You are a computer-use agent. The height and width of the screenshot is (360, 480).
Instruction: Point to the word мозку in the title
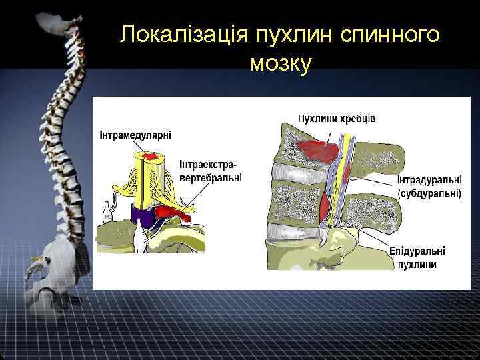click(280, 64)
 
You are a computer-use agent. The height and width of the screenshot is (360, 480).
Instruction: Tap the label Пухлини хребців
click(336, 119)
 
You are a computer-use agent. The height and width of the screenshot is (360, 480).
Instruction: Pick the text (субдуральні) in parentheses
click(429, 194)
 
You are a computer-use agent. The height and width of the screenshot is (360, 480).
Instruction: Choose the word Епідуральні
click(417, 251)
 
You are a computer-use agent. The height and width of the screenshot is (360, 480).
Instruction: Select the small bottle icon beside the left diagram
click(105, 213)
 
